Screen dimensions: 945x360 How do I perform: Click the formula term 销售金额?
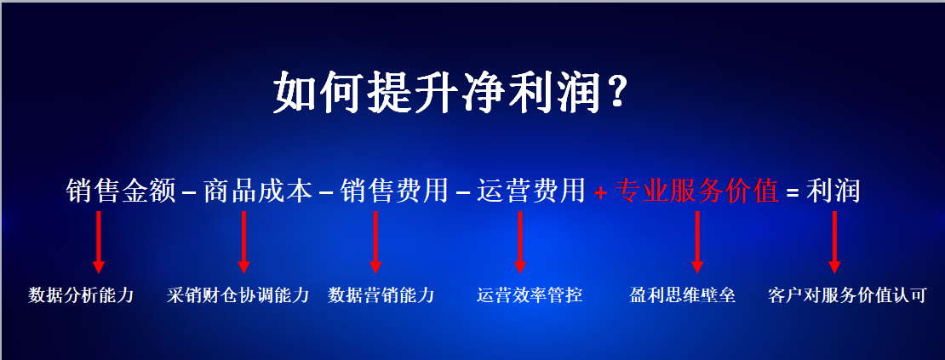[x=121, y=191]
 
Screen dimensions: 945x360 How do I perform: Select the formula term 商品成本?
[x=258, y=191]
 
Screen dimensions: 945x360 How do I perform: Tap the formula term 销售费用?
[x=394, y=191]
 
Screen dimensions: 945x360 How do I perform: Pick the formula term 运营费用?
[x=531, y=191]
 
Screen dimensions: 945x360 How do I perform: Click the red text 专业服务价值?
[x=696, y=191]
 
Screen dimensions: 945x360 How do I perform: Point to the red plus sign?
[x=599, y=192]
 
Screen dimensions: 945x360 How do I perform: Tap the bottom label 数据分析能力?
[x=81, y=295]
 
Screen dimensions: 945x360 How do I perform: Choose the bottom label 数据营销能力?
[x=381, y=295]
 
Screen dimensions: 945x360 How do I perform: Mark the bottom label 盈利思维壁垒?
[x=682, y=295]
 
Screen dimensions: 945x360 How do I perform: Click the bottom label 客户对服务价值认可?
[x=847, y=295]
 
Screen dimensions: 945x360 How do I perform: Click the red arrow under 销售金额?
[x=100, y=242]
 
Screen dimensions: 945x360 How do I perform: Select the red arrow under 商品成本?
[x=244, y=242]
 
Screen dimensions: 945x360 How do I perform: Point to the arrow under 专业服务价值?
[x=697, y=242]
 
